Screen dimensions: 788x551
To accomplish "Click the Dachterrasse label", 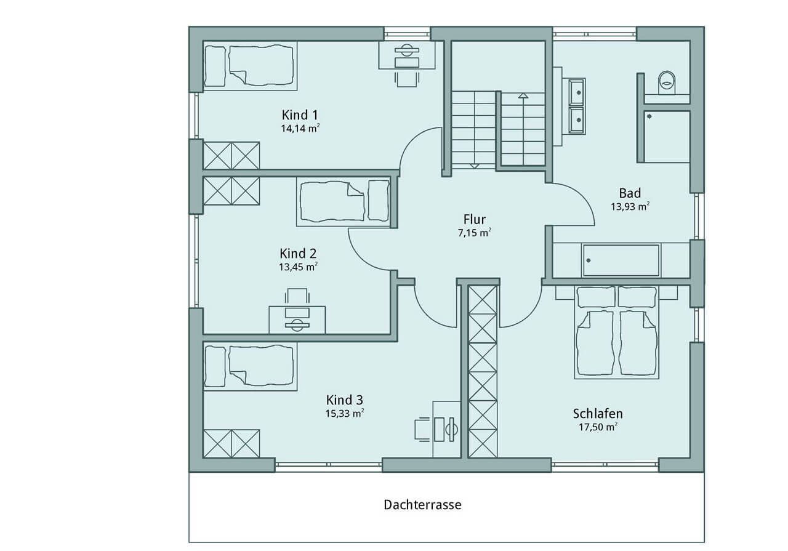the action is coord(422,505).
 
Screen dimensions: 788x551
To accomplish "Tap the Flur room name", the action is coord(475,220).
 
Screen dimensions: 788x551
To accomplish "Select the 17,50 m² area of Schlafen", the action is coord(598,427).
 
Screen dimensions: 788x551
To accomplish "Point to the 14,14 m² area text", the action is coord(300,129).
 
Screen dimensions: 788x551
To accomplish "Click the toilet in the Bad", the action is coord(667,82).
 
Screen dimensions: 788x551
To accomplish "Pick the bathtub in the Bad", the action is coord(621,260).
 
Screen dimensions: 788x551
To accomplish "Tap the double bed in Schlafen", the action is coord(616,332).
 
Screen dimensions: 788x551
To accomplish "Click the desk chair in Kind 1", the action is coord(407,79).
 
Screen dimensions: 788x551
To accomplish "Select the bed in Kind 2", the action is coord(343,201).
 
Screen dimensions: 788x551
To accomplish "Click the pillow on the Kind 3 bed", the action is coord(215,367).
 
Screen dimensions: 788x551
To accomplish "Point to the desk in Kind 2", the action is coord(297,320).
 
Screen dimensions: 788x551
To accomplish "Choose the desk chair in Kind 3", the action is coord(422,429).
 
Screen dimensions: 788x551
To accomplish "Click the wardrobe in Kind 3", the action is coord(231,443).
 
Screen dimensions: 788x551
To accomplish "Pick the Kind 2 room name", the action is coord(298,253).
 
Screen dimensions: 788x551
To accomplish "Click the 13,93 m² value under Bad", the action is coord(630,207).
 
